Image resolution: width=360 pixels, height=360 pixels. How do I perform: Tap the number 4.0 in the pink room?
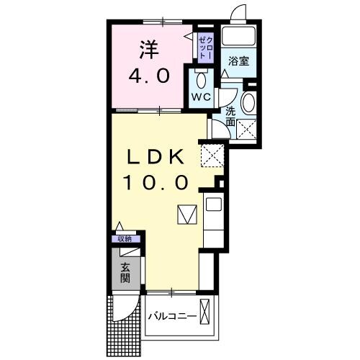tap(149, 75)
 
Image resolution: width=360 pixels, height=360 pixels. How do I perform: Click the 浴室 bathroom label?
tap(240, 61)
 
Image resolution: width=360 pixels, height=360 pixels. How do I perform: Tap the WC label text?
tap(199, 95)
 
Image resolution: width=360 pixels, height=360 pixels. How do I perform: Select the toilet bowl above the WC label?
tap(201, 77)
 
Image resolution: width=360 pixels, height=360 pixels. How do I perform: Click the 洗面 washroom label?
tap(230, 117)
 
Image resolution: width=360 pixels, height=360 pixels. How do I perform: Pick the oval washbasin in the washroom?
tap(248, 102)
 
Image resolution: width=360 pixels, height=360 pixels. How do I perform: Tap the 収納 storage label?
tap(125, 239)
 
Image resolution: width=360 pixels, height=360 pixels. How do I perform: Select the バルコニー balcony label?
tap(173, 316)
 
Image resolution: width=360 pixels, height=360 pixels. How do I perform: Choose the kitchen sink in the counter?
tap(214, 205)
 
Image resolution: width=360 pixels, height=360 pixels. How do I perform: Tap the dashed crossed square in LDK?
tap(212, 154)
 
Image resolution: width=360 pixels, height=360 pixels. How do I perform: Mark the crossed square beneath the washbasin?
tap(248, 130)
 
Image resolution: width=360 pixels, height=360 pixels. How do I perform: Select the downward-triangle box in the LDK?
tap(186, 214)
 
